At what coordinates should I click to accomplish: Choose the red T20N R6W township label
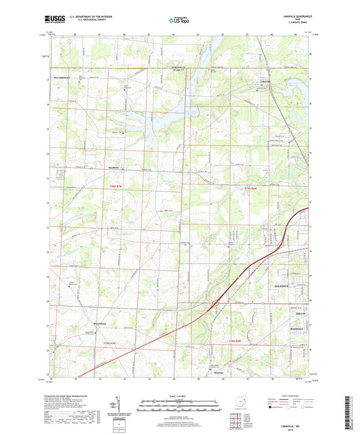click(251, 188)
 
